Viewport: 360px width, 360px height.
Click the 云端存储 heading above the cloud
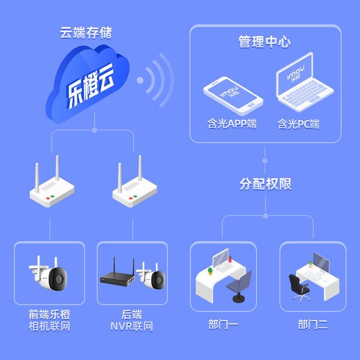[x=86, y=33]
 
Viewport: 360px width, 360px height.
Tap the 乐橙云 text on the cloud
[x=91, y=86]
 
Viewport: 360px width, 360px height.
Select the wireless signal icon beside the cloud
[x=155, y=80]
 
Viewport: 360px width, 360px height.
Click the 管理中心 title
[x=265, y=42]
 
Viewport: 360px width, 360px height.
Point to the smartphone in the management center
[x=233, y=96]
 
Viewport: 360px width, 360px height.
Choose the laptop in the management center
[x=304, y=82]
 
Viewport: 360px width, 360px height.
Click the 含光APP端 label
[x=232, y=124]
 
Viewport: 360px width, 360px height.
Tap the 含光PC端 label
[x=298, y=124]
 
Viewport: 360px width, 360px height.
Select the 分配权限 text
[x=265, y=184]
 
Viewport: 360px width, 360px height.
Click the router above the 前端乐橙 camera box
[x=52, y=182]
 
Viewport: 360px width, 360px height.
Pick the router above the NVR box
[x=134, y=182]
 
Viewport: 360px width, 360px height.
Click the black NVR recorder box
[x=118, y=274]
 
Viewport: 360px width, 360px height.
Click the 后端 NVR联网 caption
[x=132, y=320]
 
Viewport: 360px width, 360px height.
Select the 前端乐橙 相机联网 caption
[x=49, y=320]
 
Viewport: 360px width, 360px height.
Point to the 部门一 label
[x=223, y=325]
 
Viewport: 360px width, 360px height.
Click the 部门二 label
[x=313, y=325]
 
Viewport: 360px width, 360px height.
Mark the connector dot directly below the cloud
[x=94, y=130]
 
